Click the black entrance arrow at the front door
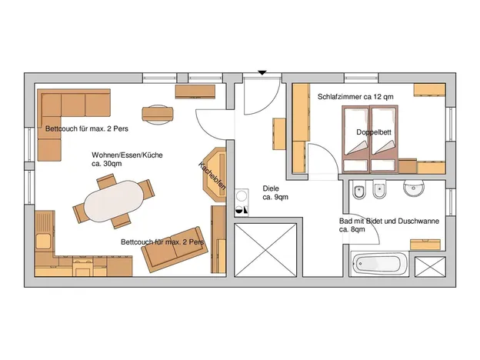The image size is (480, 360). [x=262, y=73]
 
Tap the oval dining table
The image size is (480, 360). [x=113, y=201]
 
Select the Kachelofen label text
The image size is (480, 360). [x=212, y=175]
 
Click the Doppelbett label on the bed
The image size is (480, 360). [x=374, y=132]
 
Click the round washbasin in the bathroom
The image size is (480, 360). [x=414, y=188]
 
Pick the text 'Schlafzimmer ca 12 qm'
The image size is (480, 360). [x=355, y=97]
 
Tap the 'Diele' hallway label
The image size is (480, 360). [x=271, y=188]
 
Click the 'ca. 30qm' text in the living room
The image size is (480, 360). [x=106, y=164]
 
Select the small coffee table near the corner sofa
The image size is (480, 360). [x=158, y=115]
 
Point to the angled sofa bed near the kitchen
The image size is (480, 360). [x=175, y=249]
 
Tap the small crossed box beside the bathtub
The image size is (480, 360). [x=430, y=267]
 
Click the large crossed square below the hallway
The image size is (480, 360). [x=265, y=250]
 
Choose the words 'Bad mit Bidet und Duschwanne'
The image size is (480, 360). [x=389, y=221]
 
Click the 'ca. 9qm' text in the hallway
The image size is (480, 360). [x=275, y=197]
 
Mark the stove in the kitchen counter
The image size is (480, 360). [x=82, y=266]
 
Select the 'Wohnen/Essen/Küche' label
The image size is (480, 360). [x=127, y=155]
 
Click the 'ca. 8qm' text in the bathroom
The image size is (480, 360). [x=352, y=229]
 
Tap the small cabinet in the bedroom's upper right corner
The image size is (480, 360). [x=429, y=90]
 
